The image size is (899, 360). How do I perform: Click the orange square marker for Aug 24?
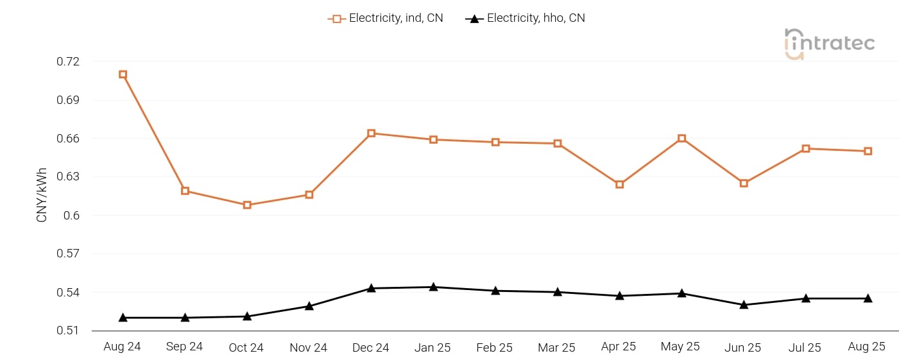pos(123,74)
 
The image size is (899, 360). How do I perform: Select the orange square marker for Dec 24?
pos(371,133)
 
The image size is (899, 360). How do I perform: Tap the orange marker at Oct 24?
pos(247,205)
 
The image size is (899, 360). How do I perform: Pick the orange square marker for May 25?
pos(681,139)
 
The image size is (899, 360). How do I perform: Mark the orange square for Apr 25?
pos(619,185)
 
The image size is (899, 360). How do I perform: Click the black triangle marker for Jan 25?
pos(433,287)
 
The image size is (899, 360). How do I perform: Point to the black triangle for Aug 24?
pos(123,318)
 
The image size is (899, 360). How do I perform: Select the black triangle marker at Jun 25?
pos(744,305)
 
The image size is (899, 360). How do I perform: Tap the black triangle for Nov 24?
pos(309,306)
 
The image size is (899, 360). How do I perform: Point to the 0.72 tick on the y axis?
pos(68,62)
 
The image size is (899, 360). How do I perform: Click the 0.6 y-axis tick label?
pos(71,215)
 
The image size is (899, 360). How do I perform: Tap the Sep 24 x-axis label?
pos(184,347)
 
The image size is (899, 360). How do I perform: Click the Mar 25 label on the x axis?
pos(557,347)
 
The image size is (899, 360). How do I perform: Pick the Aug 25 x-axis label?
pos(866,347)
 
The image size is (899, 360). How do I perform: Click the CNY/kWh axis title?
pos(42,194)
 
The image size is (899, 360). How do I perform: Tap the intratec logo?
pos(829,44)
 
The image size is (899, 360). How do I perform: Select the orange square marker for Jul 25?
pos(806,149)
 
